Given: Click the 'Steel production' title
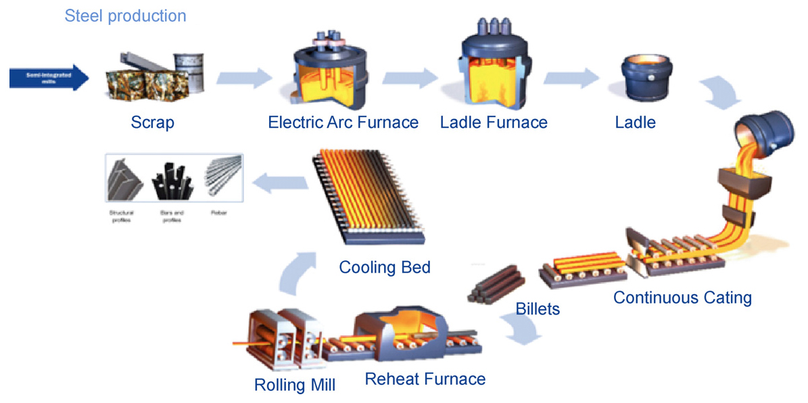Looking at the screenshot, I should (x=125, y=16).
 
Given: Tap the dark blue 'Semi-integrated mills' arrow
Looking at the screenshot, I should (x=47, y=78).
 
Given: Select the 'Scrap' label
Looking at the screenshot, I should (x=153, y=123).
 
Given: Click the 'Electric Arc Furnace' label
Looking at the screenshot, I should (x=343, y=123).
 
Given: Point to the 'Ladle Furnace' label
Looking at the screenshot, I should (x=494, y=123).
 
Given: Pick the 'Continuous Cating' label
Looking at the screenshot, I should (x=682, y=297).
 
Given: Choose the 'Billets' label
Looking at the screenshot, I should (x=538, y=309).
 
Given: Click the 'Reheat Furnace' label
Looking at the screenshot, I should (x=425, y=379).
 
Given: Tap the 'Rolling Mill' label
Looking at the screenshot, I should (x=295, y=385).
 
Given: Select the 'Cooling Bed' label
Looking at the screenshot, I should (x=384, y=267).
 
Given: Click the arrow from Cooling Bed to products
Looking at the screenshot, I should (x=270, y=181).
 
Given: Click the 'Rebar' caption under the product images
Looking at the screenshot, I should (x=219, y=212).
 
